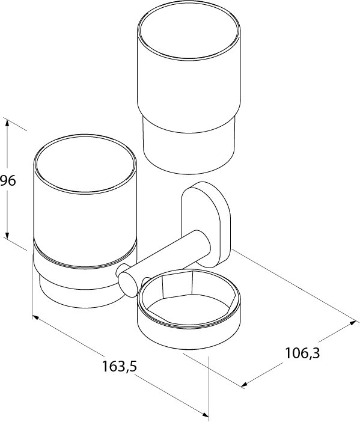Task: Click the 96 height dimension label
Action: (8, 180)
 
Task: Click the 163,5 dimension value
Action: (120, 366)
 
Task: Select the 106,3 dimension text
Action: (302, 353)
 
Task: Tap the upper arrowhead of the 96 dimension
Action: (7, 123)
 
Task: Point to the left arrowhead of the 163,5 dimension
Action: (35, 317)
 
